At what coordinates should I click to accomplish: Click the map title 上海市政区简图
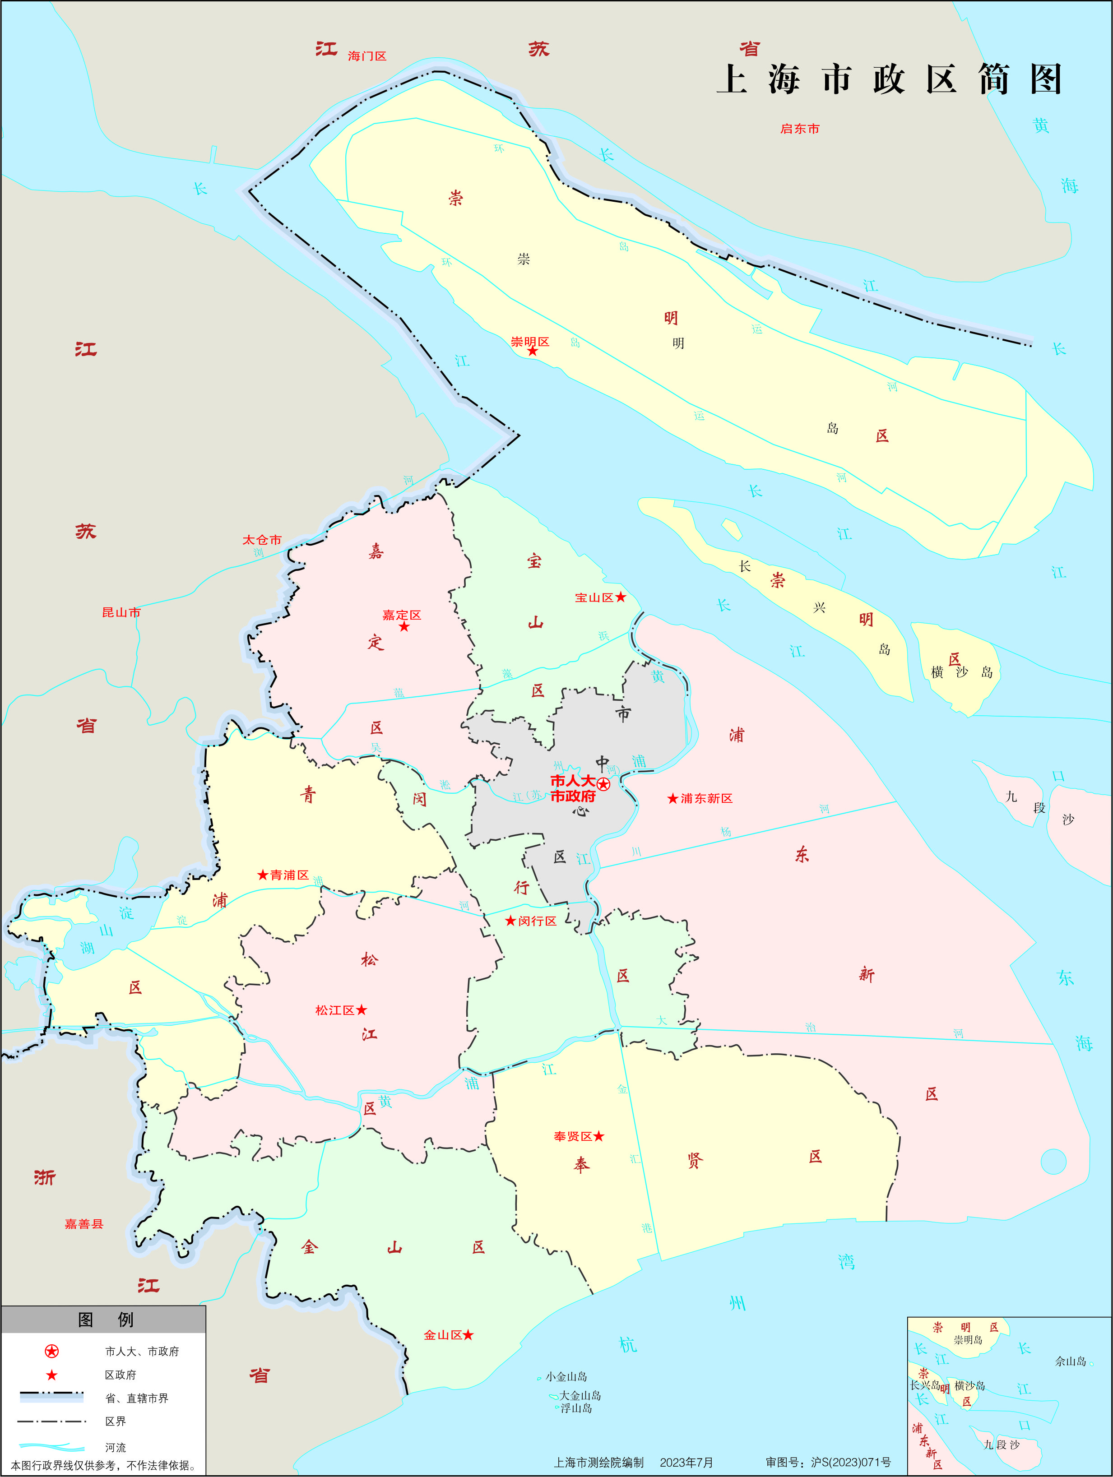click(889, 79)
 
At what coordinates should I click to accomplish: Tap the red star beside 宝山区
click(620, 597)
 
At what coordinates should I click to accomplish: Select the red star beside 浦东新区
click(673, 799)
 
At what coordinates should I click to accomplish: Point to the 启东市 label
click(799, 129)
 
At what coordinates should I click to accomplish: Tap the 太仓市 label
click(262, 540)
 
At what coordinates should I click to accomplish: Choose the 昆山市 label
click(121, 612)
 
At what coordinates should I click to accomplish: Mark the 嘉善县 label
click(84, 1224)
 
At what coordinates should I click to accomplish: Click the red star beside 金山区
click(468, 1335)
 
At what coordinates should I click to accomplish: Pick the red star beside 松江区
click(361, 1010)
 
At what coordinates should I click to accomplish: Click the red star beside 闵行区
click(511, 921)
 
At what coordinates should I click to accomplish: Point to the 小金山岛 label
click(566, 1377)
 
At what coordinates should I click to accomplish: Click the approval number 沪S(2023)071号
click(851, 1462)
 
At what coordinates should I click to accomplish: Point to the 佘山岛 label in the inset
click(1070, 1361)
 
